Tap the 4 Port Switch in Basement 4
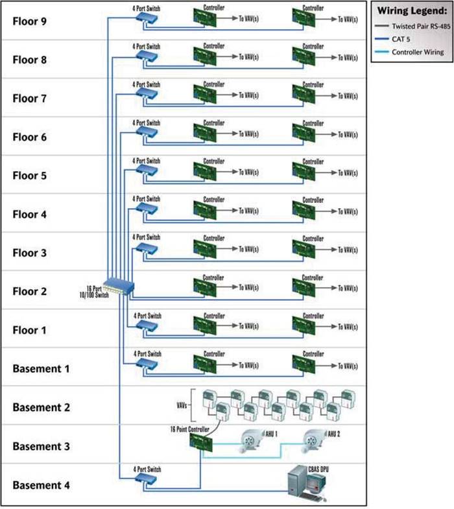point(147,478)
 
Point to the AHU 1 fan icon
point(255,442)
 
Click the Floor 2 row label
point(30,292)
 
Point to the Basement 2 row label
point(40,408)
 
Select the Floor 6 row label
point(30,137)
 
